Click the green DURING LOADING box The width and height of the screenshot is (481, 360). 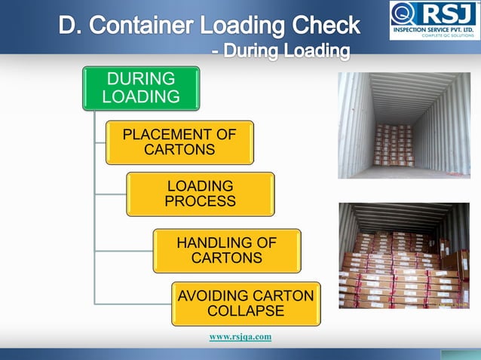click(141, 88)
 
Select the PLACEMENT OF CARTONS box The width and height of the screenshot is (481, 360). click(179, 142)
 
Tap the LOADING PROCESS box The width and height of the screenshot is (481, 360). click(200, 194)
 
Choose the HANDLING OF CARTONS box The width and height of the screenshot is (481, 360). click(226, 250)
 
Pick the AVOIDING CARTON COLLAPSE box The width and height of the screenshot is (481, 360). click(245, 304)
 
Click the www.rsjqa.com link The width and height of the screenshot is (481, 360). click(240, 337)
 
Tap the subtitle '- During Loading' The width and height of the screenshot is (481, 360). click(280, 51)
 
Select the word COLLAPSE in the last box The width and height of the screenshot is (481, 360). click(245, 311)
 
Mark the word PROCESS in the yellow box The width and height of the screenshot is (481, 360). click(200, 202)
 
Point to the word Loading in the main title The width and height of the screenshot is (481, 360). click(240, 26)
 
